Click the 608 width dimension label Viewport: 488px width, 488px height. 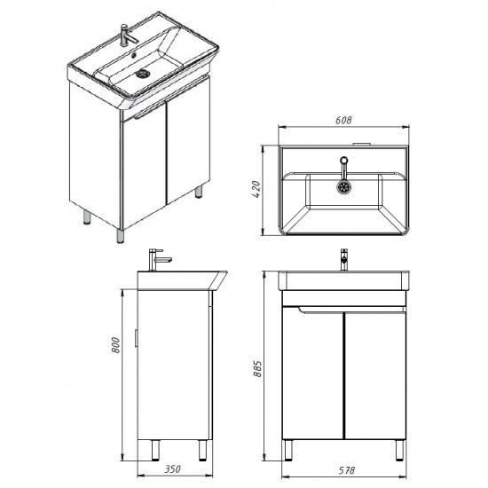(343, 120)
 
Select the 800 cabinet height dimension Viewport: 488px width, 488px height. (115, 344)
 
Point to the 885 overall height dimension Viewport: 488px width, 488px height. (257, 369)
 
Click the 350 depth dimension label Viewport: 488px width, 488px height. (172, 468)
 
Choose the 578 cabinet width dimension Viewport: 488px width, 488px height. (346, 470)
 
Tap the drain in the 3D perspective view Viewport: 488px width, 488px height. (144, 74)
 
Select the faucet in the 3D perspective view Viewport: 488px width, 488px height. (128, 35)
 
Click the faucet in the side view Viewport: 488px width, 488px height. (158, 259)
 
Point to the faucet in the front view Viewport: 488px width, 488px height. (343, 259)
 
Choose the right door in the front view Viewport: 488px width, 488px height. (375, 375)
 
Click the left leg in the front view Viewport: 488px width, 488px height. (287, 450)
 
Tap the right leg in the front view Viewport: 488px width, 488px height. (399, 450)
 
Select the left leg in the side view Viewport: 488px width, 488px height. (155, 450)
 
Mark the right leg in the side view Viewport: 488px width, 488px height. (202, 450)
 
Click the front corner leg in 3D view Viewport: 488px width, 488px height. (121, 236)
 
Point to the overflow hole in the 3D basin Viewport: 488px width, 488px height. (135, 56)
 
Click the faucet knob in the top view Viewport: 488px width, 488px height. (343, 161)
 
